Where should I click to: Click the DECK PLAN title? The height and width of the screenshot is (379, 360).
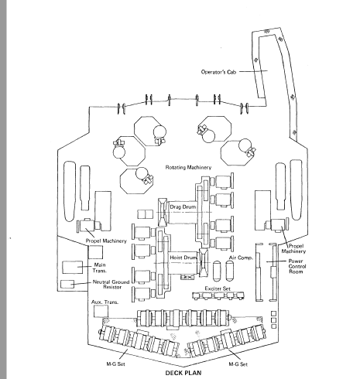(x=183, y=373)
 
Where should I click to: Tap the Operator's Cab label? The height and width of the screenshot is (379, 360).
(x=218, y=72)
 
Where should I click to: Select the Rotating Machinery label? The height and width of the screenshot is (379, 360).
(x=188, y=168)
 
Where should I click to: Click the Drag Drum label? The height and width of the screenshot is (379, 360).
(x=183, y=207)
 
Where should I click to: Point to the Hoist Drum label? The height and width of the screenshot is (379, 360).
(x=183, y=258)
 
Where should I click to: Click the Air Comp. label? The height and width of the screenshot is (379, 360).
(x=241, y=258)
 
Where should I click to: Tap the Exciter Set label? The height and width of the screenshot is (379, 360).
(x=218, y=289)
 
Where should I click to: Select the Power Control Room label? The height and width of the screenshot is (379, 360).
(x=297, y=266)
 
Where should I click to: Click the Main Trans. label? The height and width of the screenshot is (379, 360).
(x=100, y=268)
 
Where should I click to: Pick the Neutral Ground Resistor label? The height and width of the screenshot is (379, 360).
(x=111, y=285)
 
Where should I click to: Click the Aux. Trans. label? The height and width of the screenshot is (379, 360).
(x=105, y=302)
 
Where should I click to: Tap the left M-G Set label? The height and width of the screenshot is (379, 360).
(x=116, y=364)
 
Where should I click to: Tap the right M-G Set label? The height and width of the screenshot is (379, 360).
(x=238, y=364)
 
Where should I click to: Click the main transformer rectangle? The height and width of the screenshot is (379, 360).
(x=73, y=267)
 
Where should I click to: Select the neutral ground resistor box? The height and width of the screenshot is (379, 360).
(x=67, y=284)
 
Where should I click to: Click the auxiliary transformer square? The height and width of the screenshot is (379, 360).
(x=101, y=311)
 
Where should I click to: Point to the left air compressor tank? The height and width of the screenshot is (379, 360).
(x=217, y=271)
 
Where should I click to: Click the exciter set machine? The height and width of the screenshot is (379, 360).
(x=218, y=295)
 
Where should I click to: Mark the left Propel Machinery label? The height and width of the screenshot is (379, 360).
(x=106, y=241)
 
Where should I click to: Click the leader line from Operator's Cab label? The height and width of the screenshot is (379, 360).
(x=253, y=71)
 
